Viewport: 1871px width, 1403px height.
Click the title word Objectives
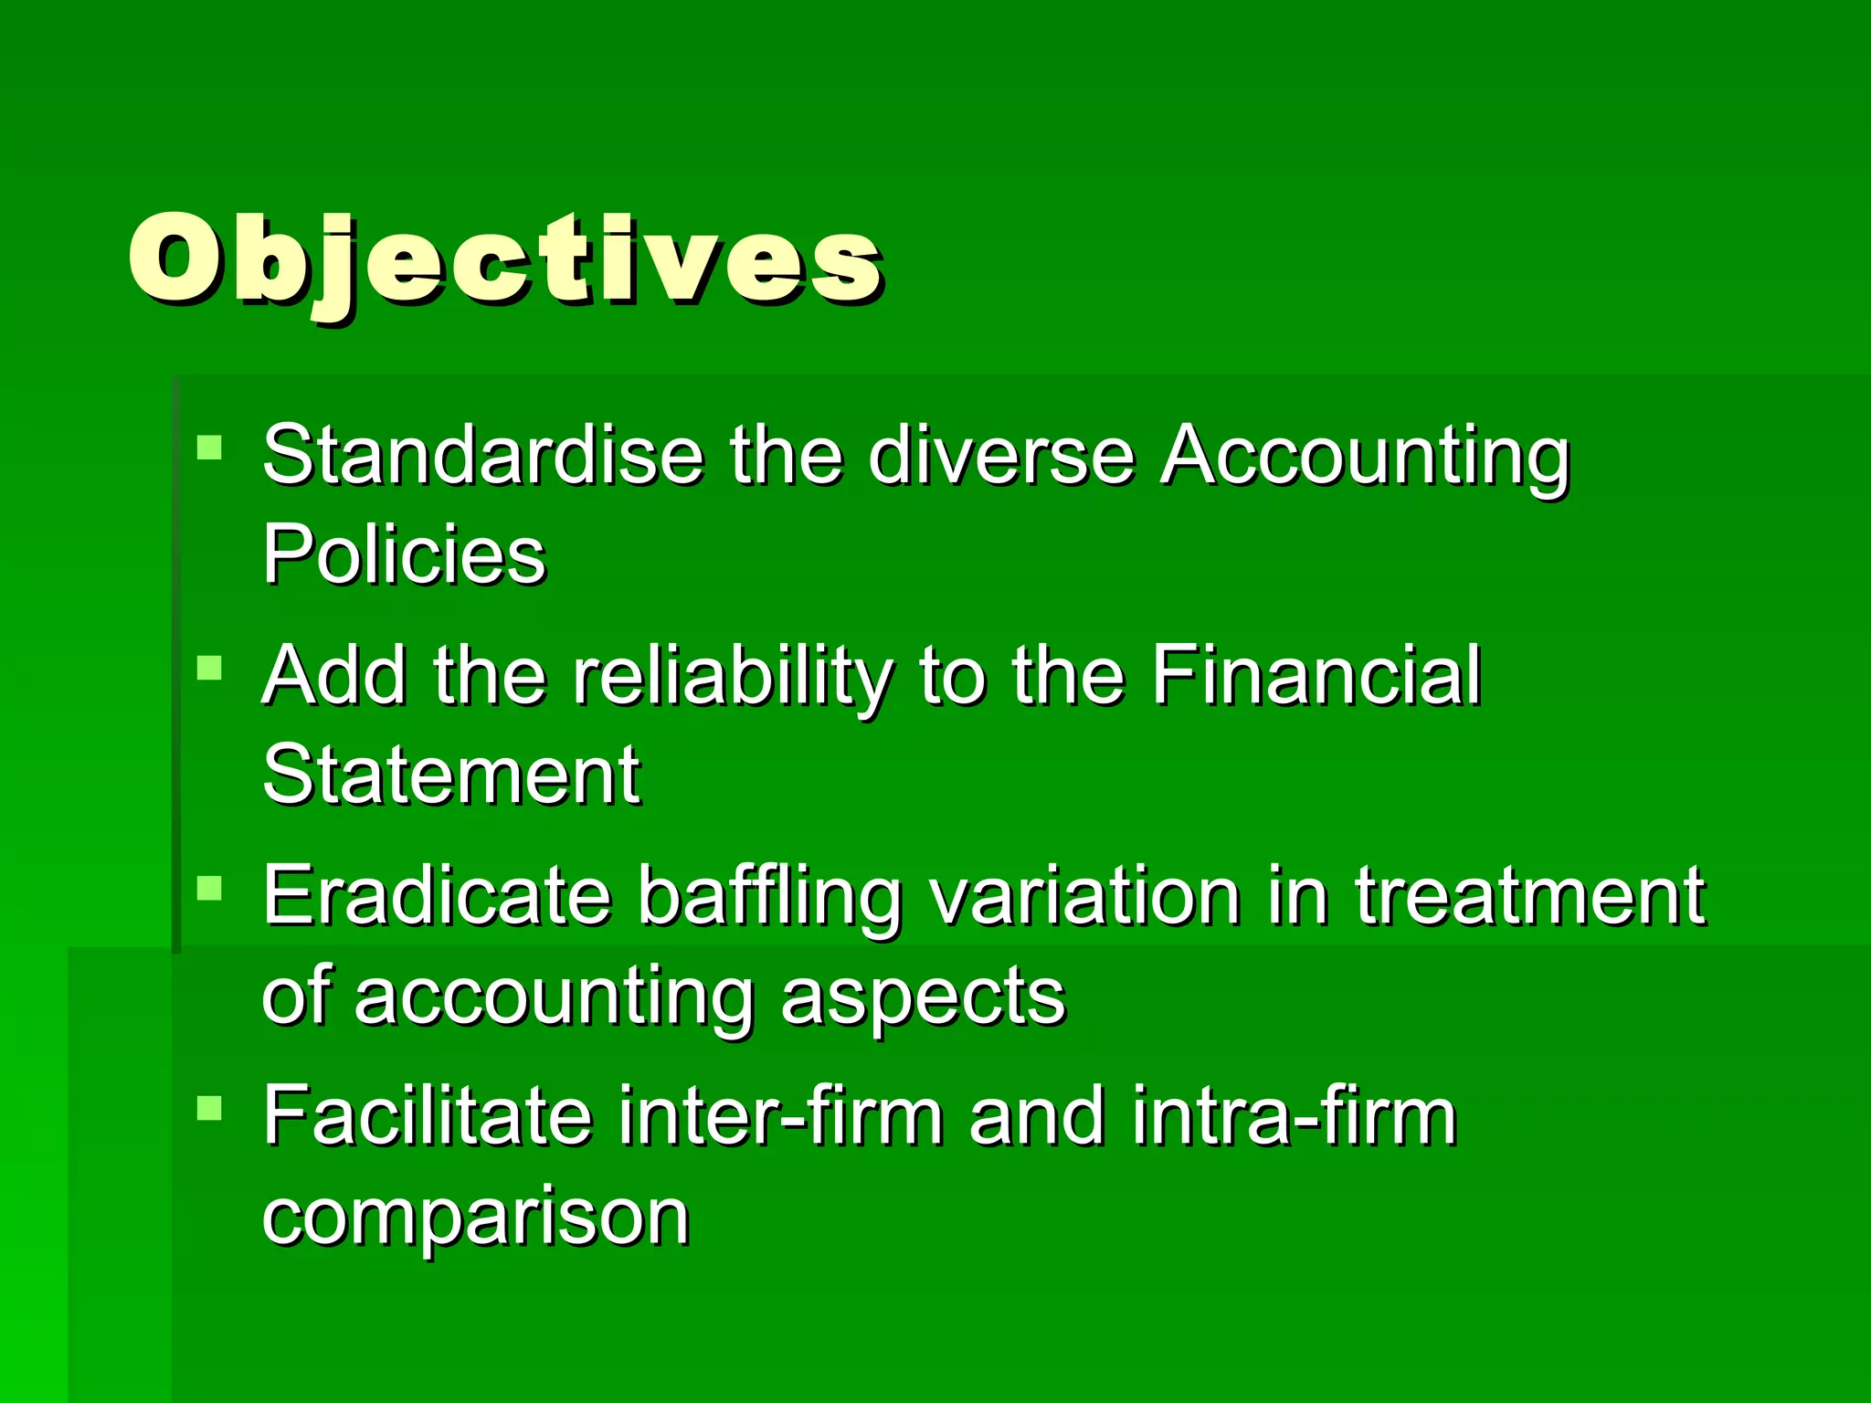click(x=505, y=260)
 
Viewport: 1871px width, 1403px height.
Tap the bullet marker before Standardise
click(x=209, y=448)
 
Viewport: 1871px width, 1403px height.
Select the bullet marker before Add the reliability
click(x=209, y=668)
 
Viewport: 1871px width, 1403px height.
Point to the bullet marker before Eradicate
click(x=209, y=888)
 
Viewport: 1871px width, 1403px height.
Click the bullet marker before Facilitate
click(x=209, y=1108)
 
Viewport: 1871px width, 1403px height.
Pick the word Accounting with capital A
click(x=1365, y=457)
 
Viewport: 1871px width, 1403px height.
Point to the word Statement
click(x=451, y=775)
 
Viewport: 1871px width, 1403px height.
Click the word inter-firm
click(x=781, y=1116)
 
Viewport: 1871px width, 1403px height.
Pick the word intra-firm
click(x=1294, y=1116)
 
